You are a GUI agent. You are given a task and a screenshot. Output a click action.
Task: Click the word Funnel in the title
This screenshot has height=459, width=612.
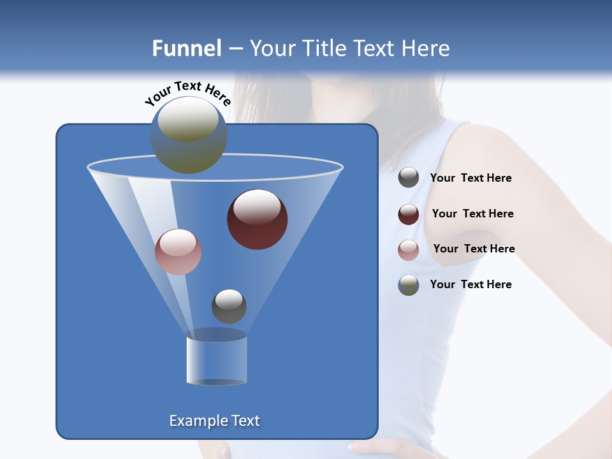(186, 48)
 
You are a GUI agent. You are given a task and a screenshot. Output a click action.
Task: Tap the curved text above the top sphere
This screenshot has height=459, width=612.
(187, 93)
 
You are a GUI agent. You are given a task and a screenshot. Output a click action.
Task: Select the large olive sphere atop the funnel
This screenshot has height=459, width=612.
(189, 135)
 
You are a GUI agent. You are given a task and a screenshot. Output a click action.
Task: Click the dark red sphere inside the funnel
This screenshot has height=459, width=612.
(257, 219)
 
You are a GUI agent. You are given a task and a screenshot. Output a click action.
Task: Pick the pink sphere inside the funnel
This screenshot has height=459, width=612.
(178, 252)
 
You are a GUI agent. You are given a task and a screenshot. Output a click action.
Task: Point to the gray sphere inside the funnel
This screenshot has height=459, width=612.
(229, 306)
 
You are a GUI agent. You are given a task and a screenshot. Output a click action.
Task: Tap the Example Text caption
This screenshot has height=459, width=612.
(215, 421)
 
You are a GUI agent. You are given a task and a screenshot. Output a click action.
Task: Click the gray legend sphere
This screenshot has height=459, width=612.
(409, 178)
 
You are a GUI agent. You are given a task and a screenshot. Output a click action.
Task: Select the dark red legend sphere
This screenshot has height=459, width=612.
(409, 214)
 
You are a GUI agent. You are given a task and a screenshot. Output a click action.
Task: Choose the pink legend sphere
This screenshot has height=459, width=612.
(409, 250)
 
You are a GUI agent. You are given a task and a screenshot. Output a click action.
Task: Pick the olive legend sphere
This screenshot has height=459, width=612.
(409, 285)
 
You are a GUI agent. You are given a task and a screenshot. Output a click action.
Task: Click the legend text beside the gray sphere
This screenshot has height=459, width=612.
(470, 178)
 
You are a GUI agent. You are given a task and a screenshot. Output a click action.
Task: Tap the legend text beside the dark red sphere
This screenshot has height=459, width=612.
(472, 214)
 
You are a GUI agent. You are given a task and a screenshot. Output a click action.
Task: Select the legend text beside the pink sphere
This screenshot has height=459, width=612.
(474, 249)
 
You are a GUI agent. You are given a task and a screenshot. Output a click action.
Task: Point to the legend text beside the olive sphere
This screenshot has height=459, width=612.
(470, 284)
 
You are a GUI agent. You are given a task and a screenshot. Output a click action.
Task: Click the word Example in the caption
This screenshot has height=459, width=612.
(194, 421)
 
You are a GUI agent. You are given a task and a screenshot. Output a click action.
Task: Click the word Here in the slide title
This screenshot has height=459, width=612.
(423, 48)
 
